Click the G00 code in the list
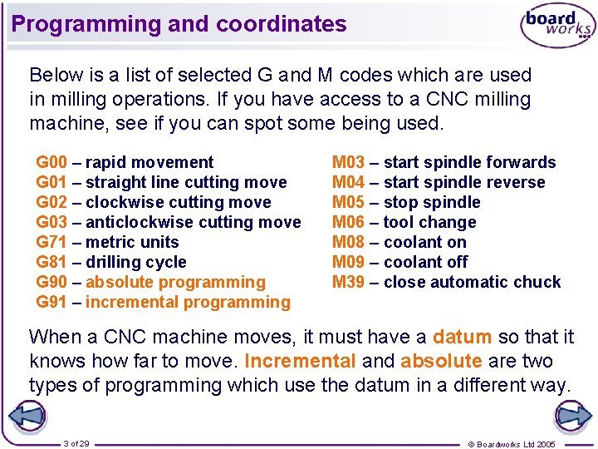[51, 162]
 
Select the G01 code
[51, 182]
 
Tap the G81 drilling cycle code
[51, 262]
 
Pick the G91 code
[51, 302]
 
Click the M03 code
[348, 162]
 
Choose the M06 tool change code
[348, 222]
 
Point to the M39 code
[348, 282]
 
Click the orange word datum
[463, 337]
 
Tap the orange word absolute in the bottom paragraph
[441, 361]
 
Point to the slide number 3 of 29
[76, 444]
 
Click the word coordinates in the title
[282, 24]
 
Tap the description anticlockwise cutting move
[194, 222]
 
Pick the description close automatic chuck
[473, 282]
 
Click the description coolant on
[425, 242]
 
